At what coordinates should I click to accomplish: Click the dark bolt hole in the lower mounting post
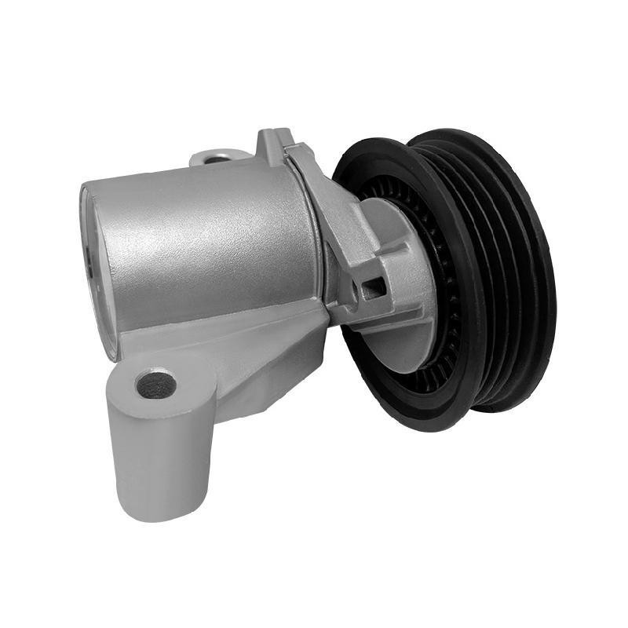click(155, 384)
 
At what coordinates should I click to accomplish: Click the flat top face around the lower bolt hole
click(169, 375)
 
